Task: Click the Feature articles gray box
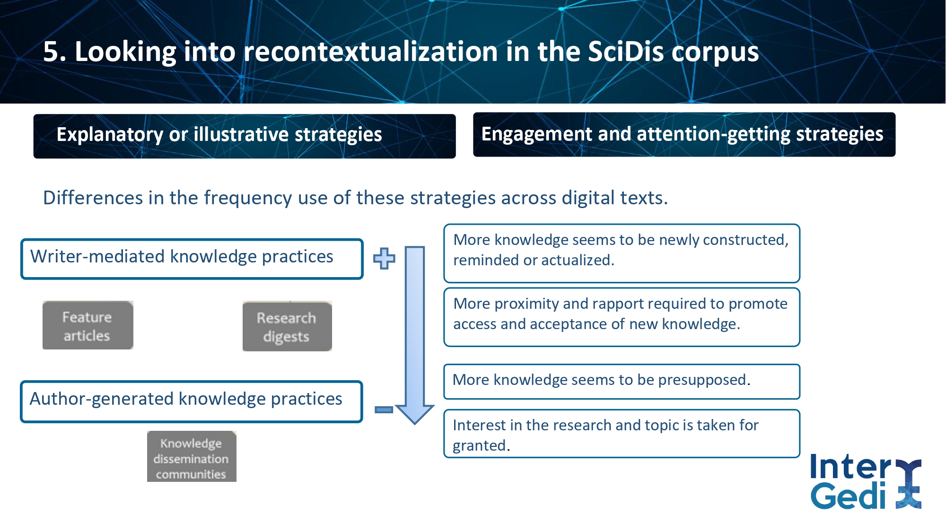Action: click(88, 325)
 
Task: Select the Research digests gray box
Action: click(287, 326)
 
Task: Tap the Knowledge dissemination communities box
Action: click(192, 457)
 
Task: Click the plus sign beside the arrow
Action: click(384, 259)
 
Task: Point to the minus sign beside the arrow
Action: click(384, 410)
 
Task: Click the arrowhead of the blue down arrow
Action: click(415, 414)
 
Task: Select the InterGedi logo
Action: click(866, 481)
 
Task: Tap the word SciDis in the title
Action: click(625, 52)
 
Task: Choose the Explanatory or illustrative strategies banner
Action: click(245, 136)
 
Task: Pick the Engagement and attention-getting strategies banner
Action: click(684, 135)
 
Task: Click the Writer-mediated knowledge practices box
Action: click(192, 259)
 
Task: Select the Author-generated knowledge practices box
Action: click(192, 401)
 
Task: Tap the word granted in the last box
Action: click(479, 446)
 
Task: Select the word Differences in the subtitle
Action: click(93, 198)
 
